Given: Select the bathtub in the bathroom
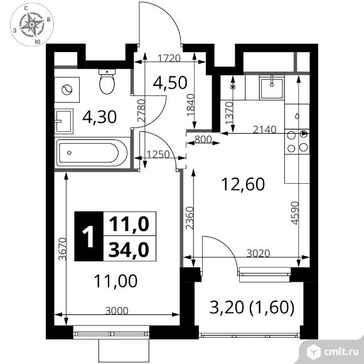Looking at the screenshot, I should tap(92, 154).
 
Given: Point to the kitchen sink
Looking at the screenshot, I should tap(272, 87).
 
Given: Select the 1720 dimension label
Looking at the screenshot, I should tap(168, 58).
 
